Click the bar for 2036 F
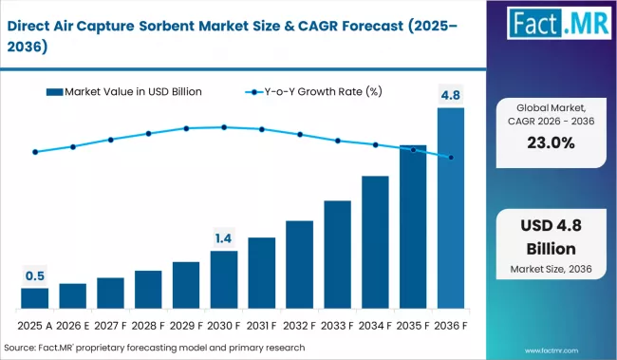click(451, 209)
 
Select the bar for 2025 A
click(34, 299)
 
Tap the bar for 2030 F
click(224, 280)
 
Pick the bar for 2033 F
click(337, 255)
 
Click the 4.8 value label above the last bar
click(451, 95)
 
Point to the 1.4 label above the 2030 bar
click(224, 237)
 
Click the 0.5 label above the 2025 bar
click(34, 275)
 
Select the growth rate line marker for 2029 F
click(186, 128)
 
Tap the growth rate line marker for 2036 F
click(451, 158)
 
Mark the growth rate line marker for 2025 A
click(34, 152)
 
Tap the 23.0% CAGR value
click(550, 143)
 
